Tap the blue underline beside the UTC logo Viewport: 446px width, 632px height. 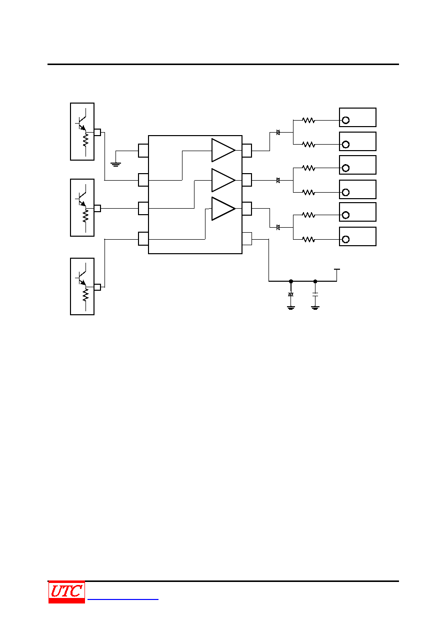(123, 599)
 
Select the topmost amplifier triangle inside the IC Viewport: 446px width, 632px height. (223, 150)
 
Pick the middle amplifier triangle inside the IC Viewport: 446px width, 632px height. (223, 180)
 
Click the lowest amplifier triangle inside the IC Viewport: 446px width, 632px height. (223, 209)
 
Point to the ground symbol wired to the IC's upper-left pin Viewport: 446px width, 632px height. (115, 164)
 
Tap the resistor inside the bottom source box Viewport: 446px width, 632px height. (85, 295)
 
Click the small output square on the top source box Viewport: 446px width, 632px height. (97, 132)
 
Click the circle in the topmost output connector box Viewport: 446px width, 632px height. (345, 121)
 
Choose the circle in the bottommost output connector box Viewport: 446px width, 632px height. (345, 240)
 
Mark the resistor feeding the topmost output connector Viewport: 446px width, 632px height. (308, 121)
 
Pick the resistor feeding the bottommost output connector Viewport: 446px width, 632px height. (308, 240)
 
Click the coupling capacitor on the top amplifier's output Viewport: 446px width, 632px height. (278, 132)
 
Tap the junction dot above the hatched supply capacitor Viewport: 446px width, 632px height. (291, 281)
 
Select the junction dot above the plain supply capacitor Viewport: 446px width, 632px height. (315, 281)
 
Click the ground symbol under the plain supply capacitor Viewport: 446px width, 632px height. (315, 308)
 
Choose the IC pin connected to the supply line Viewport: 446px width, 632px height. (247, 239)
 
